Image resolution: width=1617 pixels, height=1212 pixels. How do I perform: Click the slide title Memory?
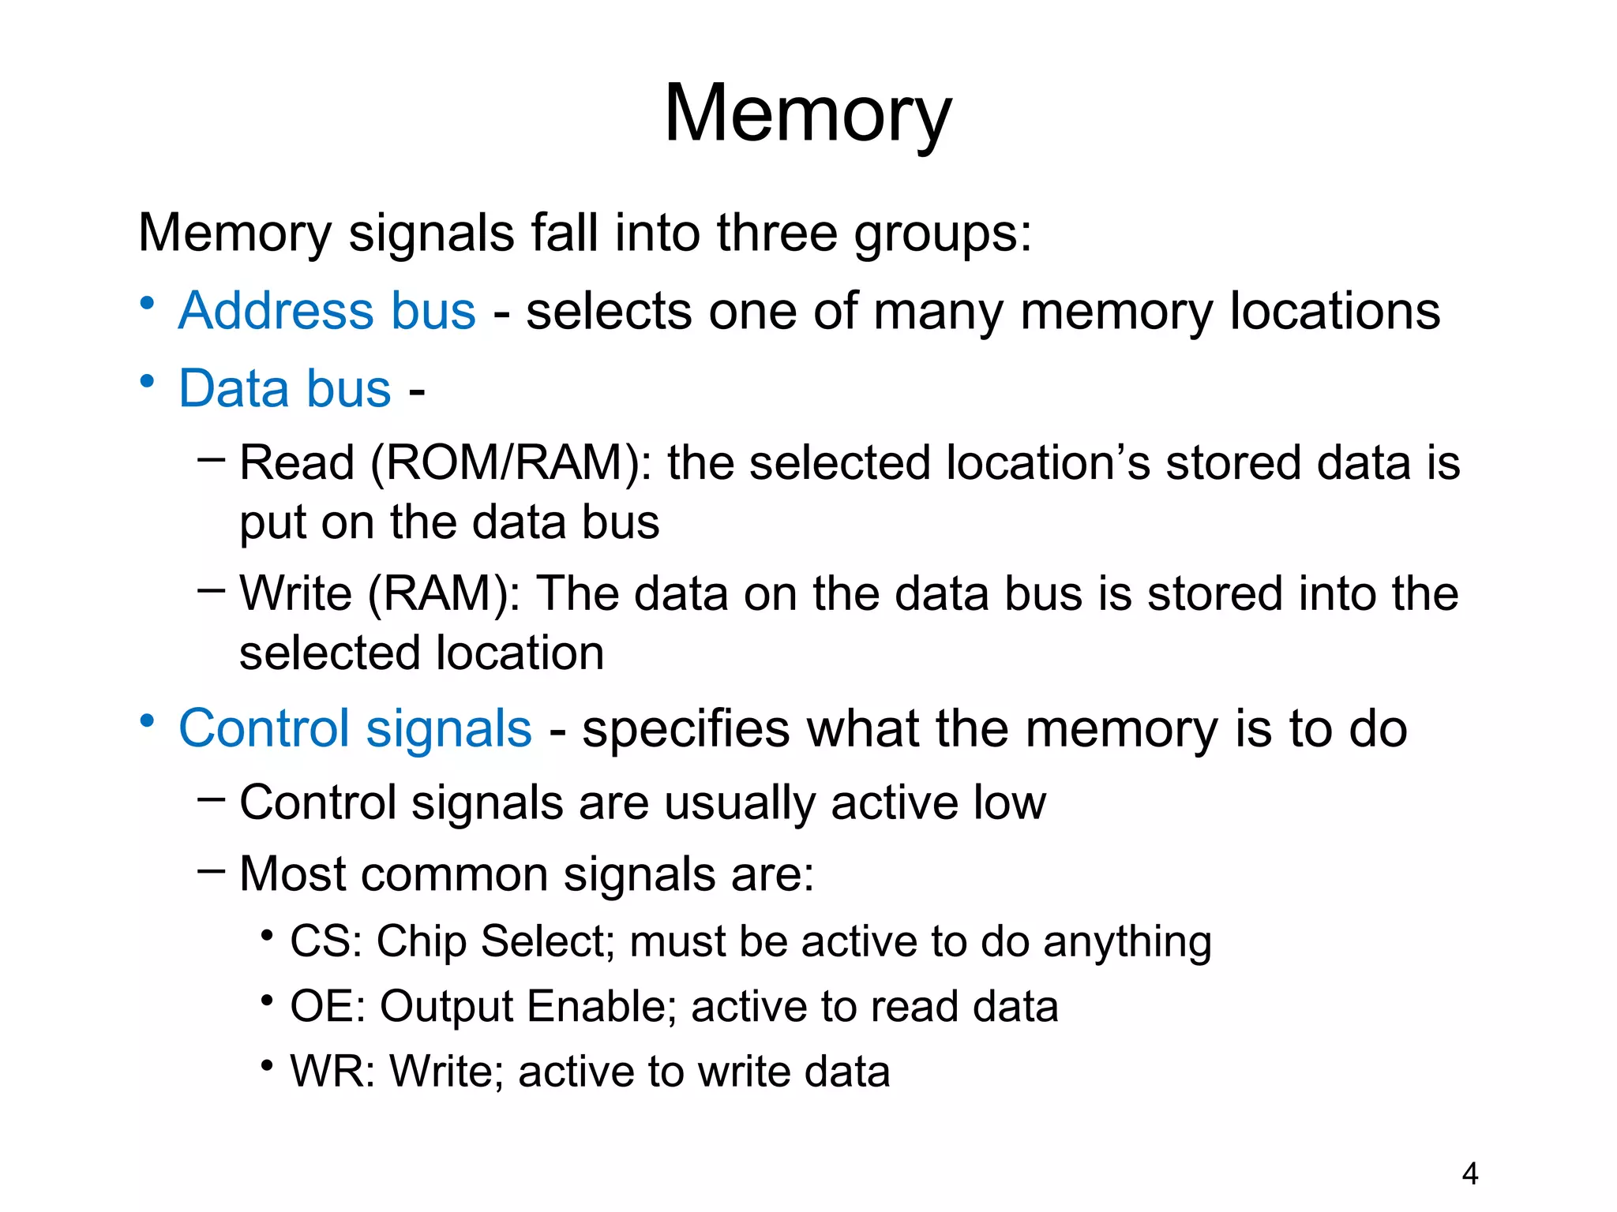[x=808, y=114]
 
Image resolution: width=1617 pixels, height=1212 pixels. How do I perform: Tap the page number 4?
[x=1469, y=1174]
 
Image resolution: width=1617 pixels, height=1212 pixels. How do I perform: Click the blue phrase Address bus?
[x=327, y=311]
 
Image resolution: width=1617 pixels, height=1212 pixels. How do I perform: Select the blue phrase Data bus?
[x=284, y=388]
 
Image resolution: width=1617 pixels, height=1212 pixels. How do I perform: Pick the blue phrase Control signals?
[x=355, y=728]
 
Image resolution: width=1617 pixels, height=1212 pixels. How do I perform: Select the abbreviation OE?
[x=320, y=1007]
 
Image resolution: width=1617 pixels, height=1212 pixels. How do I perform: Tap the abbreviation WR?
[x=325, y=1072]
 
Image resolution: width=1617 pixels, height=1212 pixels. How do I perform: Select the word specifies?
[x=685, y=728]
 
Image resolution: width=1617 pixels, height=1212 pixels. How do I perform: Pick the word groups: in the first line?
[x=943, y=234]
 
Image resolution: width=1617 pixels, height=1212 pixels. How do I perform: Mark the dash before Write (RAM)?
[x=211, y=589]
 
